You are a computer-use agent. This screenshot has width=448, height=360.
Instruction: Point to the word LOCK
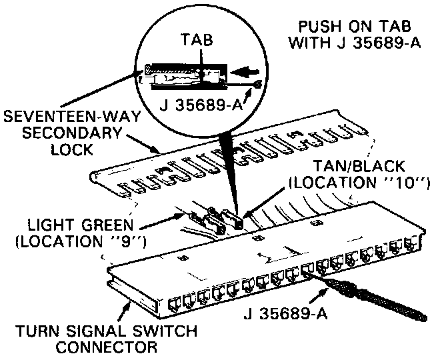tap(71, 150)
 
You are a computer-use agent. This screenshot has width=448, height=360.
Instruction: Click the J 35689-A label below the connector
tap(285, 311)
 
